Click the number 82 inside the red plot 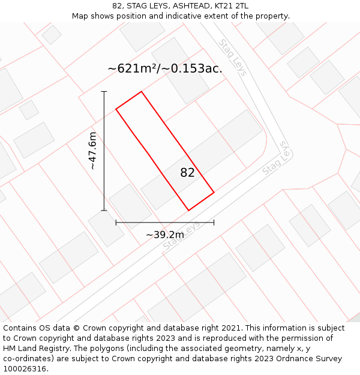pyautogui.click(x=187, y=173)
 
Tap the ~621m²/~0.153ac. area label pyautogui.click(x=165, y=68)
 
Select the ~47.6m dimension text pyautogui.click(x=92, y=151)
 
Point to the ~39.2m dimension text pyautogui.click(x=165, y=235)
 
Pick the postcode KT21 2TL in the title pyautogui.click(x=231, y=6)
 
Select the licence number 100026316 pyautogui.click(x=26, y=369)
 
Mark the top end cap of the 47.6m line pyautogui.click(x=104, y=92)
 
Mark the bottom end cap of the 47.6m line pyautogui.click(x=104, y=211)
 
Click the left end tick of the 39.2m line pyautogui.click(x=116, y=223)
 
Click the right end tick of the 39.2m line pyautogui.click(x=214, y=223)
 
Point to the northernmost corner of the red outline pyautogui.click(x=142, y=92)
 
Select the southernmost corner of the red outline pyautogui.click(x=189, y=211)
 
